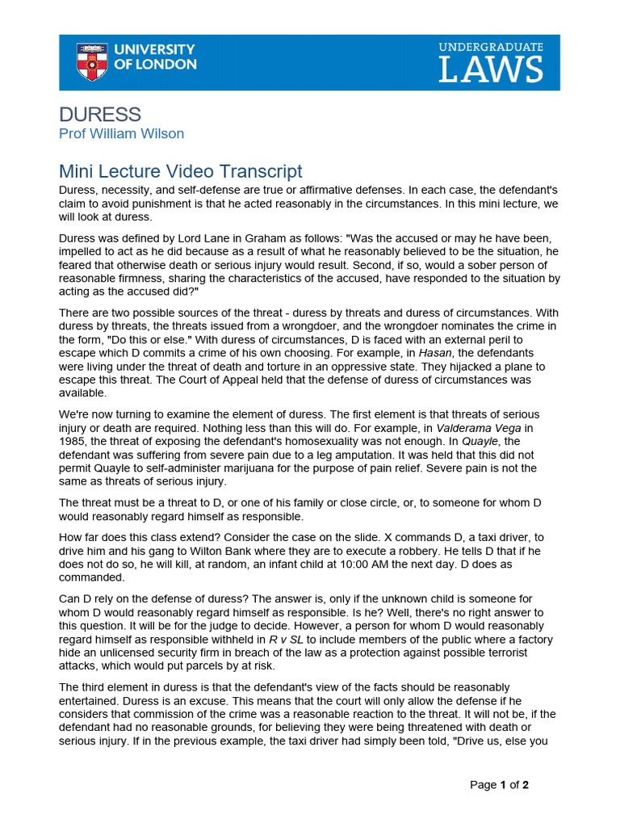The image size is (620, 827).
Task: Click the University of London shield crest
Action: tap(91, 62)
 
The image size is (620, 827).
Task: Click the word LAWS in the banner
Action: tap(491, 71)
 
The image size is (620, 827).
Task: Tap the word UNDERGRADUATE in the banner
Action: tap(491, 48)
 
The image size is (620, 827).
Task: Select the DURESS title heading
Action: tap(100, 115)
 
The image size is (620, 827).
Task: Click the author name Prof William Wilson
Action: tap(121, 134)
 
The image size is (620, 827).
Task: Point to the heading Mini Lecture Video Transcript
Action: tap(181, 171)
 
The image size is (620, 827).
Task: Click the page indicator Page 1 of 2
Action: tap(500, 784)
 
